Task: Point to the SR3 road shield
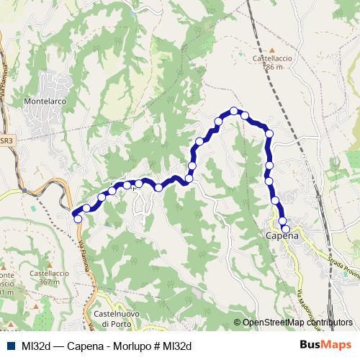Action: point(6,141)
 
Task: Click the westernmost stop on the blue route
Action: point(78,219)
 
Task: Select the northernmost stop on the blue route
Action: point(234,111)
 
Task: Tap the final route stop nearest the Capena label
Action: point(286,229)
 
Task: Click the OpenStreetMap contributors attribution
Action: point(297,323)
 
